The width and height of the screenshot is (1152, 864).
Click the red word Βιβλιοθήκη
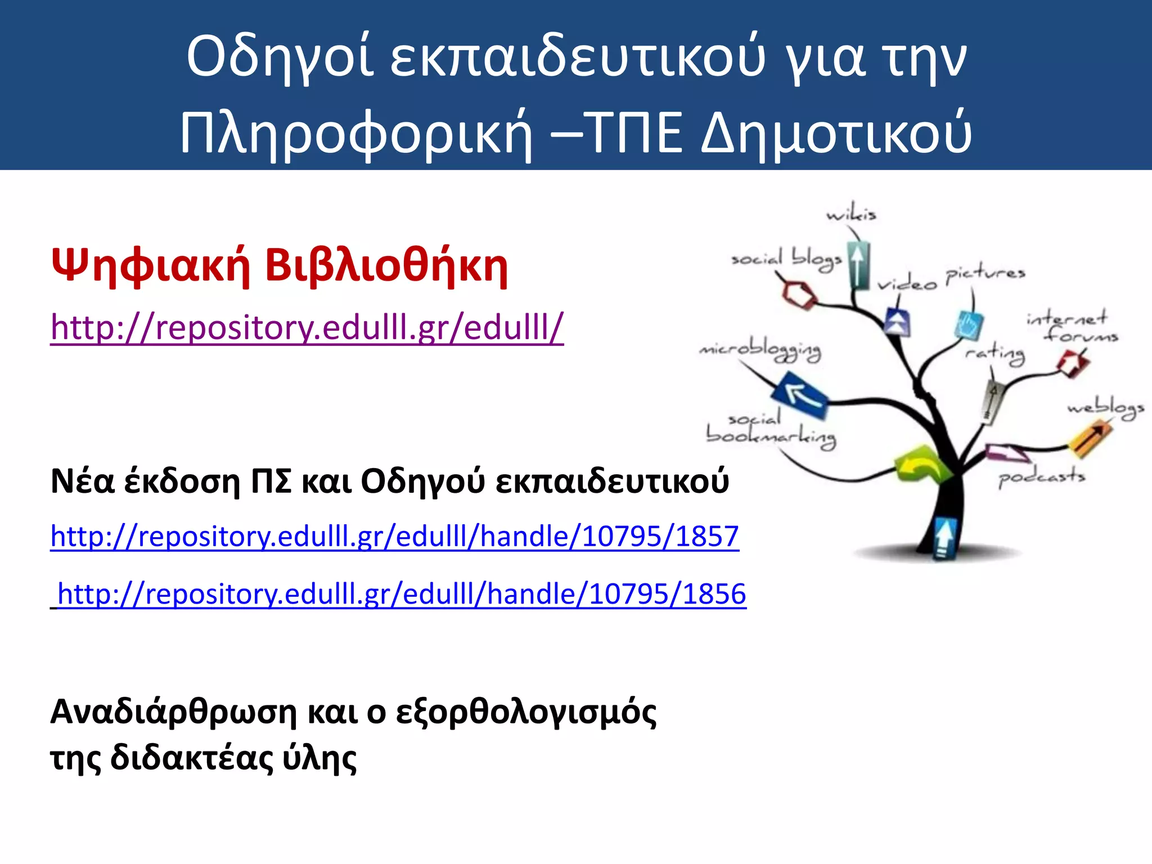386,266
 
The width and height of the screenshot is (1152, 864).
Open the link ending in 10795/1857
394,536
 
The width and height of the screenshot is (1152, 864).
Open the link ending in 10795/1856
402,594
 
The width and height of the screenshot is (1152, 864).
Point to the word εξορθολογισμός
526,712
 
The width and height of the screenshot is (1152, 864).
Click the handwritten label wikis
851,214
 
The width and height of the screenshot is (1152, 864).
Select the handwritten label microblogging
760,352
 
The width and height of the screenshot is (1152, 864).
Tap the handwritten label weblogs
1105,408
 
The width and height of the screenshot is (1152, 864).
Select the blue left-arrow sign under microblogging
799,395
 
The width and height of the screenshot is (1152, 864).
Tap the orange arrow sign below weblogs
1090,438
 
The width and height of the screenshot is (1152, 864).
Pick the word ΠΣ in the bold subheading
271,481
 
